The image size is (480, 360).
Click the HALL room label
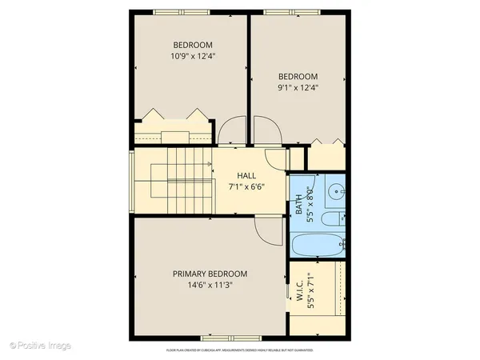[246, 175]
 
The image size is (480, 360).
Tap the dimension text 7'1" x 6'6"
[246, 186]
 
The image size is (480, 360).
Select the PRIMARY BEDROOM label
[210, 273]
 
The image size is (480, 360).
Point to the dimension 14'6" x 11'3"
[210, 284]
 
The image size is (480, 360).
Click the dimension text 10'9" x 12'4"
[193, 57]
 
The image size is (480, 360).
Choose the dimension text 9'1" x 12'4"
[298, 89]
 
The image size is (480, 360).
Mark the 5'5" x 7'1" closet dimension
[310, 298]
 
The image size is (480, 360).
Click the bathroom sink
[336, 192]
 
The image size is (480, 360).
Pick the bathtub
[318, 246]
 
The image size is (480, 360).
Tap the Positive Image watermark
[41, 346]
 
